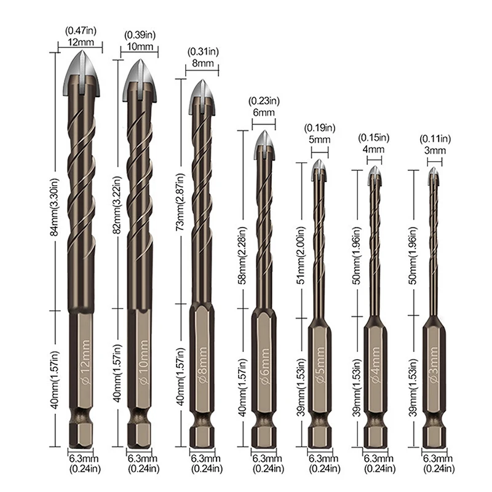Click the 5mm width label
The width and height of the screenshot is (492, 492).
tap(319, 140)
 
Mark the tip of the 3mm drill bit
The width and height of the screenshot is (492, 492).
tap(434, 175)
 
